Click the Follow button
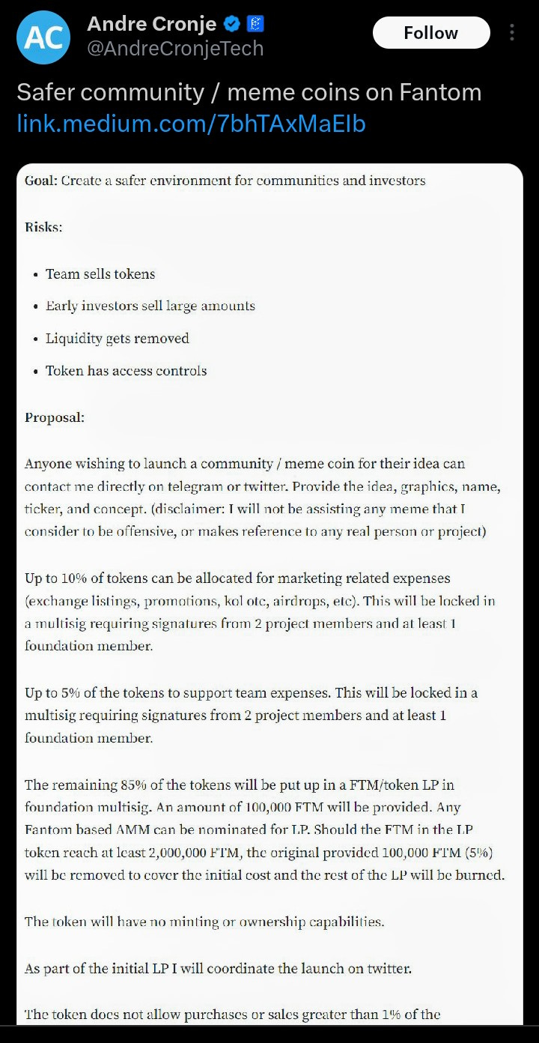point(430,33)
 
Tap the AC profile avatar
point(43,37)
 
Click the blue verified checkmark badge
point(232,24)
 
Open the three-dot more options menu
point(512,33)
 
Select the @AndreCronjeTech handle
point(175,49)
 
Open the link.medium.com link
point(191,124)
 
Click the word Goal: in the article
point(41,181)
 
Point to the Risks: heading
point(43,227)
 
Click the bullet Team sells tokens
point(100,274)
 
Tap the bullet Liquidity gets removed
point(117,339)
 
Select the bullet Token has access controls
point(126,371)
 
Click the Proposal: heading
point(55,418)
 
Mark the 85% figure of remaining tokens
point(138,785)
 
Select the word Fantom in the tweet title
point(439,93)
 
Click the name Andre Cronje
point(152,24)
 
